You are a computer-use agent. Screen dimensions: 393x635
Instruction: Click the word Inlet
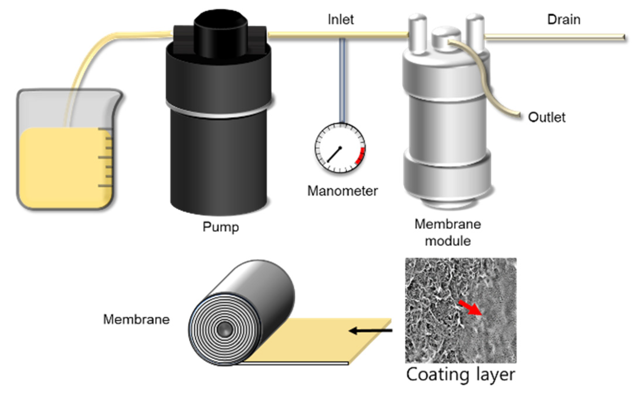[340, 20]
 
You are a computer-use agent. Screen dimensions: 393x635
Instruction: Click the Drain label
[564, 20]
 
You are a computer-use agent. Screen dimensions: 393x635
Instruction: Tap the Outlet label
[546, 117]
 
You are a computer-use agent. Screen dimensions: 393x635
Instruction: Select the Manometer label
[342, 191]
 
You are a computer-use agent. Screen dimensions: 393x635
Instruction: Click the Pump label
[221, 227]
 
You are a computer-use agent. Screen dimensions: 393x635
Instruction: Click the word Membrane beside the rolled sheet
[136, 319]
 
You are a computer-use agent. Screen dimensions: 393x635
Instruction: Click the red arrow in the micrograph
[470, 308]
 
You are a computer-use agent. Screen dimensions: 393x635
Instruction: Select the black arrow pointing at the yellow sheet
[370, 331]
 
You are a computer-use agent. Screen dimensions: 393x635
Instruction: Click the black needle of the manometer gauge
[334, 154]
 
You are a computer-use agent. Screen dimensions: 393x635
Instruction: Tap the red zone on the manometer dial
[361, 156]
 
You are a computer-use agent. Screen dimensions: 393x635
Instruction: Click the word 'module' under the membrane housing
[448, 241]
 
